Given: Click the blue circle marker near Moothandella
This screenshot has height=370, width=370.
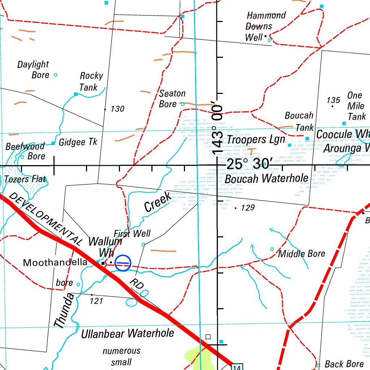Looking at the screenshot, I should click(123, 263).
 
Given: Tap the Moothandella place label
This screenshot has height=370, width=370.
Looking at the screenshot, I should click(55, 263).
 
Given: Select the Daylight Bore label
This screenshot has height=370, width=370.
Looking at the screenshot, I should click(33, 69).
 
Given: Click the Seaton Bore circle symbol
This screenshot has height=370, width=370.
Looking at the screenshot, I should click(182, 104).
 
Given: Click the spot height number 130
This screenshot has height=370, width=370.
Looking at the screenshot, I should click(117, 109).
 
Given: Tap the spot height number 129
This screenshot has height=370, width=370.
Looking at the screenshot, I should click(248, 208).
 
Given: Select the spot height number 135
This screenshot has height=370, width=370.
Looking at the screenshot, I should click(333, 100).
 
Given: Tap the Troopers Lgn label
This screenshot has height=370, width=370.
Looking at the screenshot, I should click(256, 139).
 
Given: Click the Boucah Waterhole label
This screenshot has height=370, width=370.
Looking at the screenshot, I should click(266, 178).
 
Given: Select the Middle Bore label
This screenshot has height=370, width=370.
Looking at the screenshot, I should click(301, 254).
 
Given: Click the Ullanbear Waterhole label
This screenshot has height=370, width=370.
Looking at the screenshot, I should click(128, 333).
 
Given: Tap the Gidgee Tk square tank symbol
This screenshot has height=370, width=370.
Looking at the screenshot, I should click(53, 143).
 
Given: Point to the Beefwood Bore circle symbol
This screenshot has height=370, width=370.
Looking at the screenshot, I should click(22, 157).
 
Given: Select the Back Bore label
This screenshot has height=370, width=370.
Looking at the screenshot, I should click(344, 364).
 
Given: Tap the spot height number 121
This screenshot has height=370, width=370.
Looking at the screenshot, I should click(96, 301).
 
